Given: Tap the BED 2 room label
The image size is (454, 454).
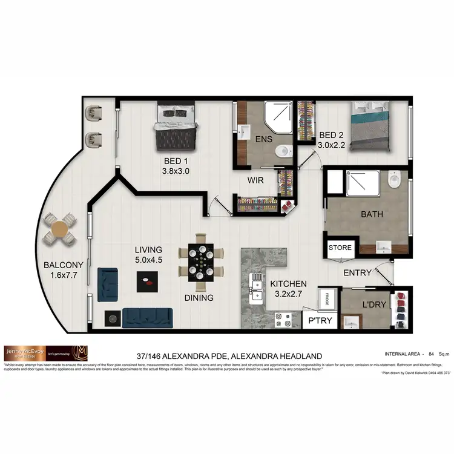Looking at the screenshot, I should [331, 134].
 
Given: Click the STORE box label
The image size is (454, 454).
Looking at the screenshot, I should [340, 248].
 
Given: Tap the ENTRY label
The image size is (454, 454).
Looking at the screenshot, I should [357, 273].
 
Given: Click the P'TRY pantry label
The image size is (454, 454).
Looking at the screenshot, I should [320, 320].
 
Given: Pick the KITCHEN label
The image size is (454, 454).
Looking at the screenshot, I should [288, 283].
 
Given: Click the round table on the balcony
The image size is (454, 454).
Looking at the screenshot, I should [60, 229].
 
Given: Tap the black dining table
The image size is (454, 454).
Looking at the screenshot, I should [200, 262].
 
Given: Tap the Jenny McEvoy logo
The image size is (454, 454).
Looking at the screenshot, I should [45, 352].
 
